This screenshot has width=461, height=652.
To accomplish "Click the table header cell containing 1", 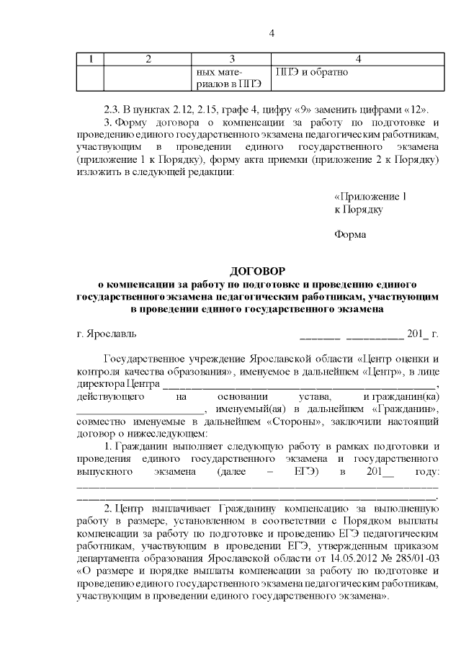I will (90, 58).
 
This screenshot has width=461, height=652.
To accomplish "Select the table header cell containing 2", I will (148, 58).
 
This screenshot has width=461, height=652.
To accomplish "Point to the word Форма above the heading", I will (350, 234).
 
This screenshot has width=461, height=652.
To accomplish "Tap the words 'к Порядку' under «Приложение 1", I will (358, 209).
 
